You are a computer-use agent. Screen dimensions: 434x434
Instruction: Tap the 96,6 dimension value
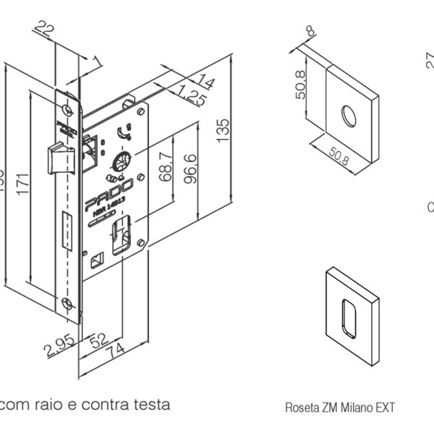click(x=191, y=169)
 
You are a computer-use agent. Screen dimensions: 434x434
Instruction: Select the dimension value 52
click(x=98, y=339)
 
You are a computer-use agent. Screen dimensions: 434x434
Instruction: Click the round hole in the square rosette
click(x=349, y=115)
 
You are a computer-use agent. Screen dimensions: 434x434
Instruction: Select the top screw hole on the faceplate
click(x=67, y=110)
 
